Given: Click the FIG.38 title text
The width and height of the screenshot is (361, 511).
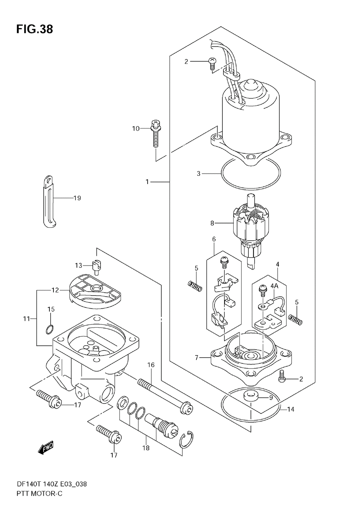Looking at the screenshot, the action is pyautogui.click(x=34, y=29).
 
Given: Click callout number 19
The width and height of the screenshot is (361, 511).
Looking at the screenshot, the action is pyautogui.click(x=77, y=198).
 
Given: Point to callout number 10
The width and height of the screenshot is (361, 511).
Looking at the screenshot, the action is pyautogui.click(x=136, y=129).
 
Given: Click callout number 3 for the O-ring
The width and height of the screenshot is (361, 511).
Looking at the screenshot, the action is pyautogui.click(x=199, y=174).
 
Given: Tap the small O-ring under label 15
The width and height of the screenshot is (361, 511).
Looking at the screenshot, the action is pyautogui.click(x=50, y=329).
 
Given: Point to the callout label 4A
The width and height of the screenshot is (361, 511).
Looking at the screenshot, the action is pyautogui.click(x=274, y=286).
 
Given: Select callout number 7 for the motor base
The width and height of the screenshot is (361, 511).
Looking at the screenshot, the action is pyautogui.click(x=197, y=358).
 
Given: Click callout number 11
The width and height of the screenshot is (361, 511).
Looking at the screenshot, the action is pyautogui.click(x=26, y=319).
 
